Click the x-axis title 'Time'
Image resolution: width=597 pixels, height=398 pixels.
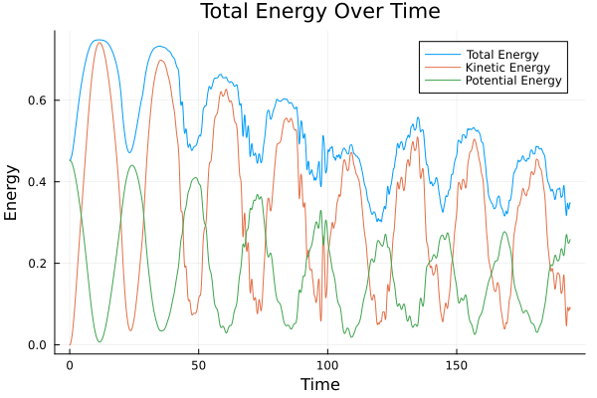319,384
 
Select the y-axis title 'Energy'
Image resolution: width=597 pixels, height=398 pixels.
12,192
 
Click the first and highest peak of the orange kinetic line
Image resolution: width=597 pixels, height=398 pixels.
99,43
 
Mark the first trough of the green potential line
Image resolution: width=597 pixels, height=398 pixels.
99,342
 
